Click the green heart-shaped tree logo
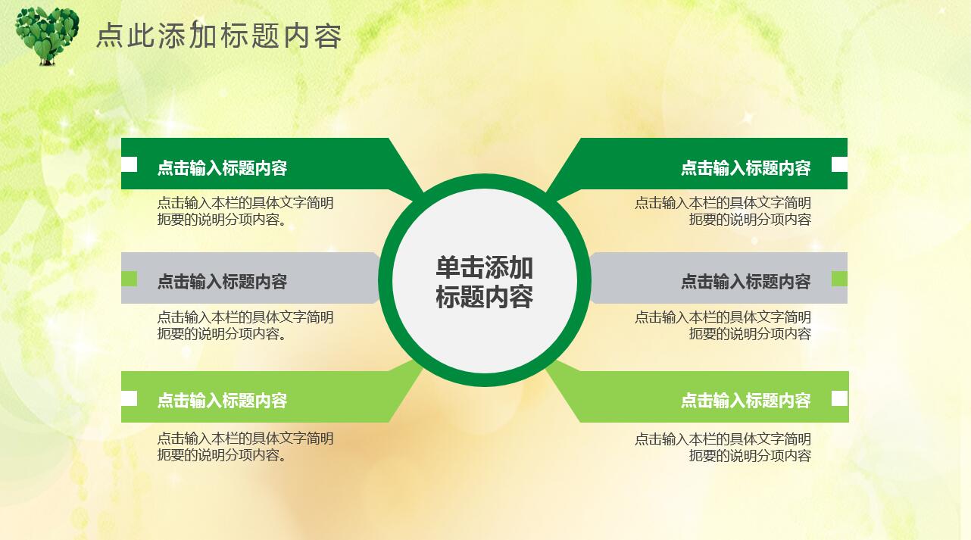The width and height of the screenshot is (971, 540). click(47, 35)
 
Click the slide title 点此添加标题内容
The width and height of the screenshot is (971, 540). click(219, 36)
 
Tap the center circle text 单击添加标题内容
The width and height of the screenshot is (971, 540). click(484, 282)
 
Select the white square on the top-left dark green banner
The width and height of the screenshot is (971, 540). click(130, 164)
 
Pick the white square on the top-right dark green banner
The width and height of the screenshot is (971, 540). click(839, 164)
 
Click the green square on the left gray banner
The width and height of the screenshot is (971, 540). click(130, 279)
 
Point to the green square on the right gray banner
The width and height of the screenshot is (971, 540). click(839, 279)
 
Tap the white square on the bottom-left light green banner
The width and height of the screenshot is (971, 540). click(130, 398)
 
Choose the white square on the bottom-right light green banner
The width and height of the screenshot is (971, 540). click(839, 398)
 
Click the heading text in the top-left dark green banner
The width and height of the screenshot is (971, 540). click(222, 168)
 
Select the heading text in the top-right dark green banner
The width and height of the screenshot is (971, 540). click(745, 168)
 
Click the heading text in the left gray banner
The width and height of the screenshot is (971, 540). click(222, 282)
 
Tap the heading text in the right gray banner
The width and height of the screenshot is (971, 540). click(745, 282)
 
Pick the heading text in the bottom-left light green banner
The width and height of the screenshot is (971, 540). click(222, 401)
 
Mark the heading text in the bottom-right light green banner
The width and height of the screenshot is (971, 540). click(745, 401)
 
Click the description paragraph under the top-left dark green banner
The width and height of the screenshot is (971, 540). click(245, 211)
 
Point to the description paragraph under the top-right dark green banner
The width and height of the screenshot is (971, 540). click(723, 211)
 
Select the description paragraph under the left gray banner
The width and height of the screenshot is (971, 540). click(245, 326)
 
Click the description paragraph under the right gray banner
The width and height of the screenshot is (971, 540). click(723, 326)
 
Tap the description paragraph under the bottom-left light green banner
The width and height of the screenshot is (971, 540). click(245, 447)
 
